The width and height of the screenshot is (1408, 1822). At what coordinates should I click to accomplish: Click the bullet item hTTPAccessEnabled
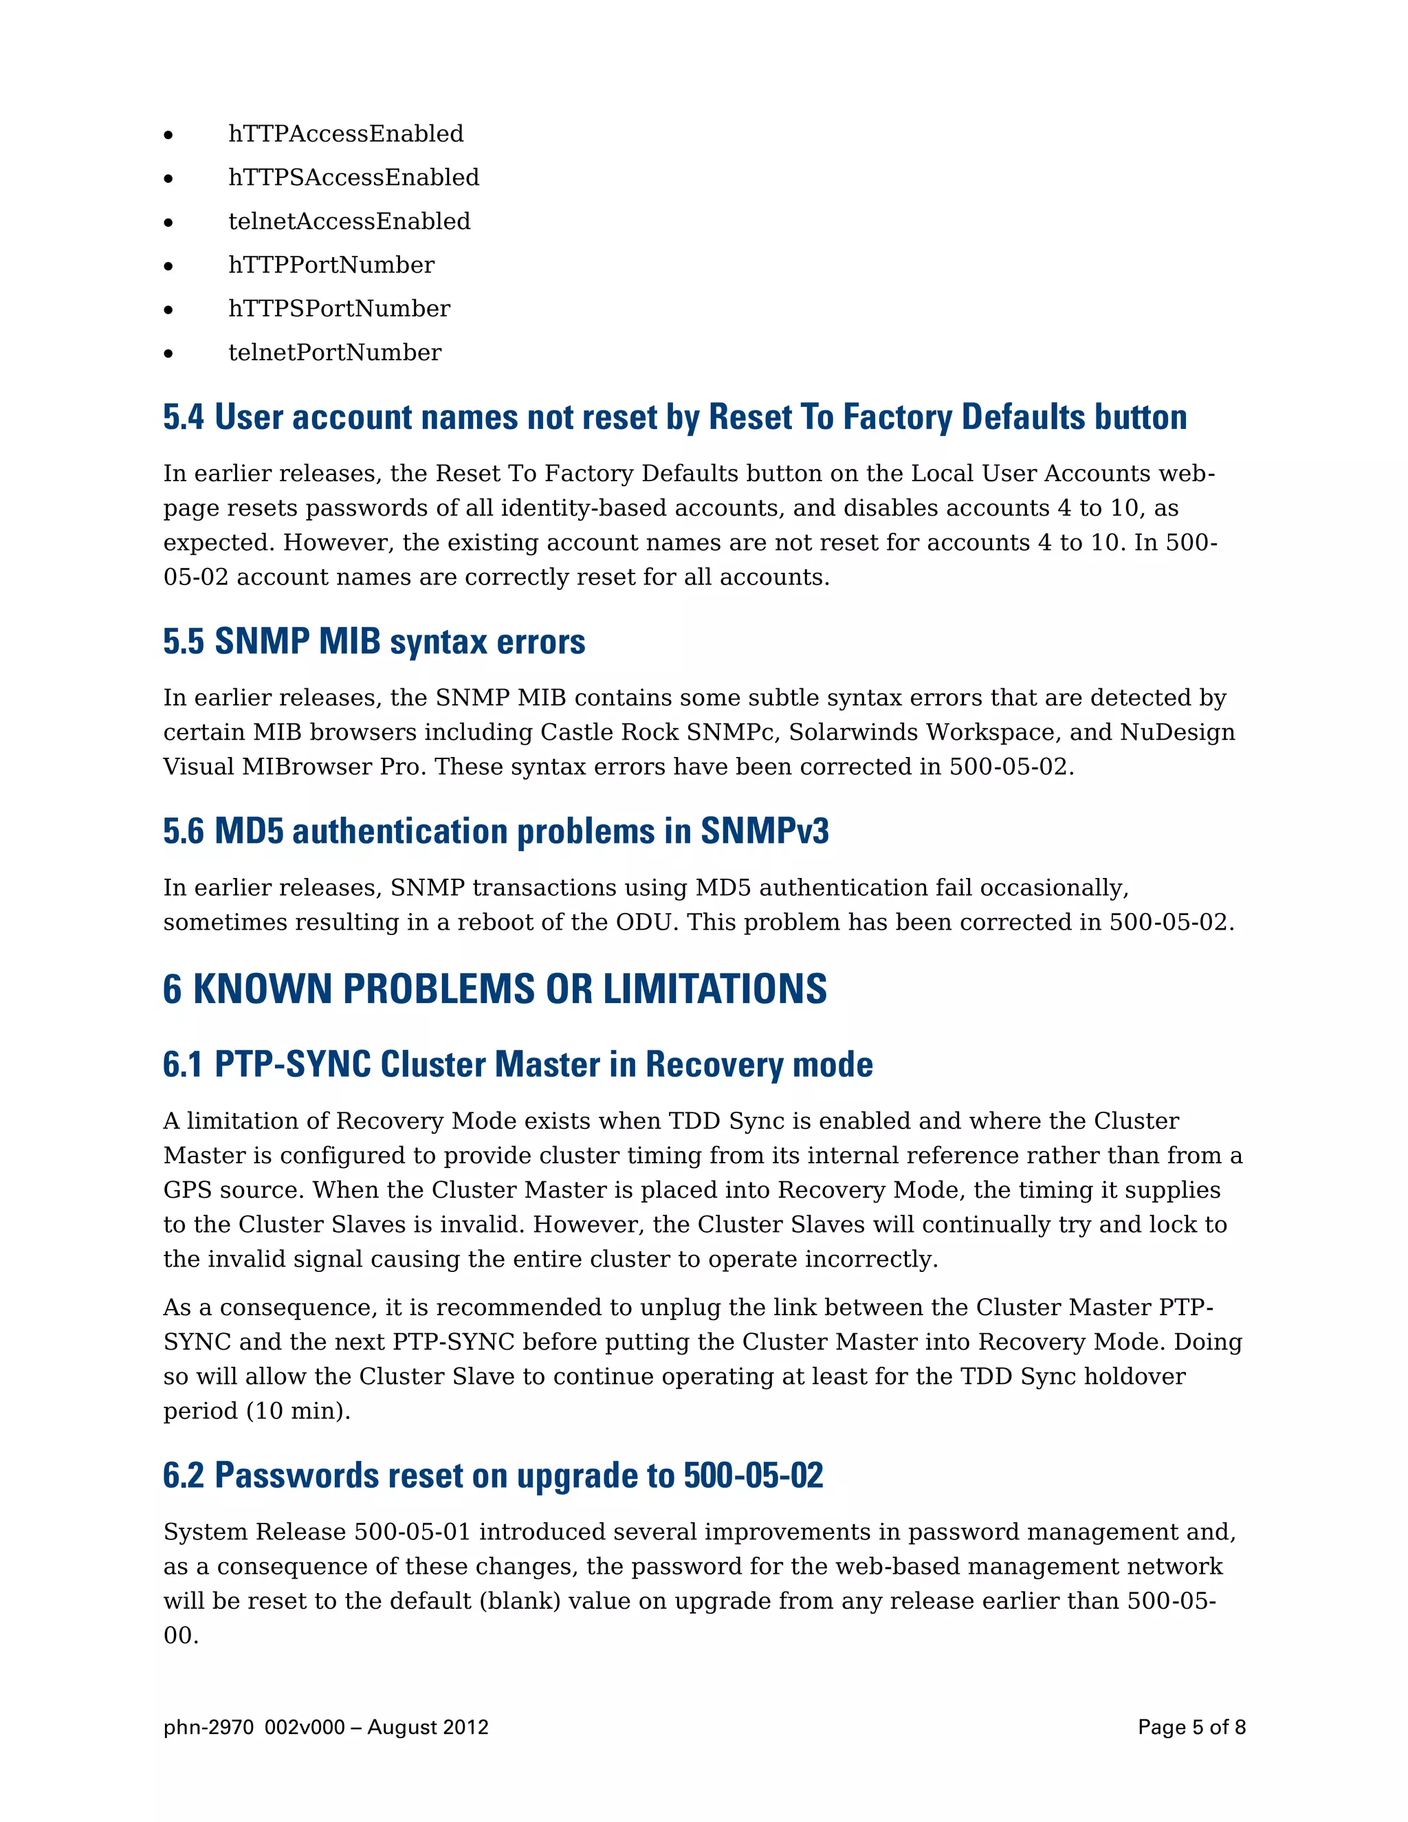pyautogui.click(x=345, y=134)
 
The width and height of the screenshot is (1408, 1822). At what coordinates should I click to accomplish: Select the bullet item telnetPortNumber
pyautogui.click(x=335, y=353)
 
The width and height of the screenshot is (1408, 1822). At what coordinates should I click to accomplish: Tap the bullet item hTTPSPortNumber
pyautogui.click(x=339, y=309)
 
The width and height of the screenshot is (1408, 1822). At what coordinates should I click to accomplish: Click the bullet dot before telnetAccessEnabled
pyautogui.click(x=168, y=223)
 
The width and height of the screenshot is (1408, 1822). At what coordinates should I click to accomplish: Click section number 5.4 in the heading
pyautogui.click(x=184, y=417)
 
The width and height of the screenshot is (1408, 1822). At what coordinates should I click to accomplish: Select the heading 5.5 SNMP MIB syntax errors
pyautogui.click(x=374, y=641)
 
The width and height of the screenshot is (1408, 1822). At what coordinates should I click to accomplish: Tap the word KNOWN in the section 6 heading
pyautogui.click(x=263, y=989)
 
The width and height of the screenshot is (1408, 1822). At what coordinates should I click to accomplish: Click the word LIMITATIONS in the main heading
pyautogui.click(x=715, y=989)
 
